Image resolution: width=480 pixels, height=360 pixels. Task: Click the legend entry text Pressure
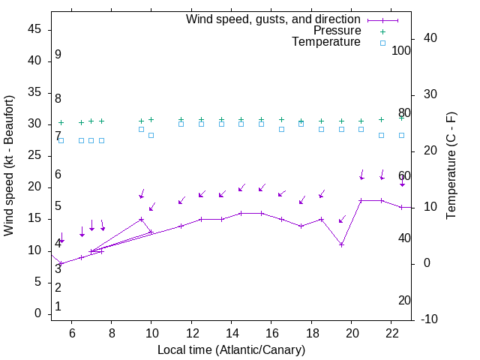(337, 31)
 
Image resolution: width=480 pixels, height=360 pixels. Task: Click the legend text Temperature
(326, 42)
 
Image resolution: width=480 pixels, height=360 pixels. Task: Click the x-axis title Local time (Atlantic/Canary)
(231, 349)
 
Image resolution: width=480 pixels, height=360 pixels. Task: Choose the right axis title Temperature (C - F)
(451, 166)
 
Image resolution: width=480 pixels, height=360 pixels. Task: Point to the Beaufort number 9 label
(58, 55)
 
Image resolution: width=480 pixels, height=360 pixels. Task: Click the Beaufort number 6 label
(58, 175)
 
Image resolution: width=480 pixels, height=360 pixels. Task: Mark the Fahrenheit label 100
(401, 51)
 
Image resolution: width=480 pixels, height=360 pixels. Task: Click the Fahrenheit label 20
(404, 300)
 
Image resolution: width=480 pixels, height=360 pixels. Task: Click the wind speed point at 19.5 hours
(341, 244)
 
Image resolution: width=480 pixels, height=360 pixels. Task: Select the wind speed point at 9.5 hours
(141, 219)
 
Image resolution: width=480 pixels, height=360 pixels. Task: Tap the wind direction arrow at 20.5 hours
(361, 175)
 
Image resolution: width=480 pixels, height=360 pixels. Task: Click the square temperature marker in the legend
(382, 43)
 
